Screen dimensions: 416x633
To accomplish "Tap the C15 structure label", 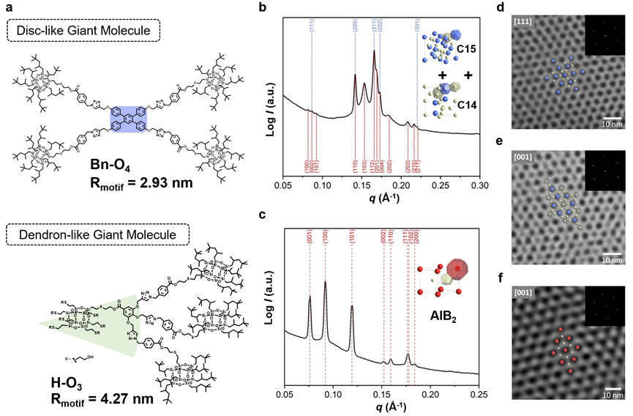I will pyautogui.click(x=468, y=48).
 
